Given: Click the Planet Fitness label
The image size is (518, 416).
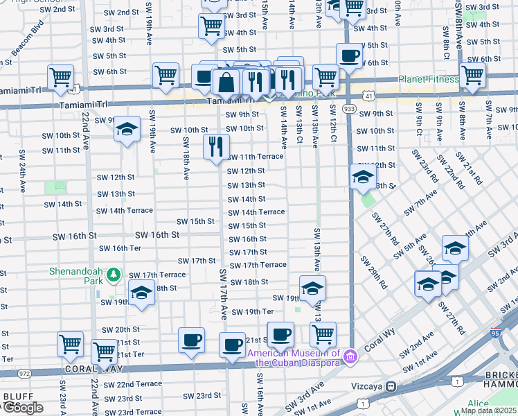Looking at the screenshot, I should tap(427, 79).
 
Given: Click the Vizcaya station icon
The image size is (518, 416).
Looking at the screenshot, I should tap(391, 385).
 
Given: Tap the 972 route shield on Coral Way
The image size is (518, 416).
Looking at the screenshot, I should tap(25, 373).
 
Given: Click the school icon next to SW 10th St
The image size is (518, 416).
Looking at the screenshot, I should tap(127, 128).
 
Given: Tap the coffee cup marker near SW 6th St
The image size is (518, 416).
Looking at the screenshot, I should tap(349, 55).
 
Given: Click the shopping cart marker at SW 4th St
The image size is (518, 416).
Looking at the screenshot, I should tap(211, 26).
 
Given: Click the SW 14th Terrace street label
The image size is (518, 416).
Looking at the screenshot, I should tap(256, 212).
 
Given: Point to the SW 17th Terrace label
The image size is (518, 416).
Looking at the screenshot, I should tap(258, 265).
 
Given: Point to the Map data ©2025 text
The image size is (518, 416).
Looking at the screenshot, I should tap(488, 410).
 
